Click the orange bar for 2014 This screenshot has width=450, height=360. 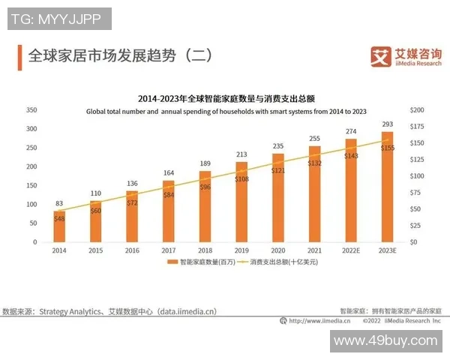(x=58, y=226)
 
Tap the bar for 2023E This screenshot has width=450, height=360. (x=387, y=187)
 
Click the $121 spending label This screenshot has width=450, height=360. (x=277, y=171)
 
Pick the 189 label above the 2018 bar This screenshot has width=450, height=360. (x=205, y=163)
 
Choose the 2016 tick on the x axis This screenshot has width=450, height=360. (x=132, y=250)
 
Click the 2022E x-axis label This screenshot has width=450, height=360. (x=350, y=250)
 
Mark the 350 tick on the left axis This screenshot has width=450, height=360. (x=31, y=110)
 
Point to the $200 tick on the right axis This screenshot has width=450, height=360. (x=418, y=110)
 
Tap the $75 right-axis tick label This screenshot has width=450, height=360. (x=417, y=193)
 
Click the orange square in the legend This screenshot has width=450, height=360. (x=174, y=263)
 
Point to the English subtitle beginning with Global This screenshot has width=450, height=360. (x=225, y=111)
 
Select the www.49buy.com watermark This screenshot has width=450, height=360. (x=385, y=341)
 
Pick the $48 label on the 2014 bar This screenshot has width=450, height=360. (x=58, y=218)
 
